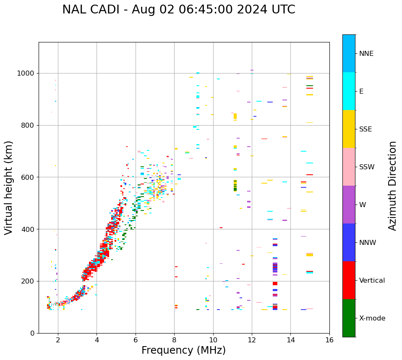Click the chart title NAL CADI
pos(178,10)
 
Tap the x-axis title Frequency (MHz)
pos(183,350)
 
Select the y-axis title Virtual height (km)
pos(9,187)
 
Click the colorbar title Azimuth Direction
pos(392,186)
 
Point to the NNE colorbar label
pos(366,54)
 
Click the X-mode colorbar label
pos(372,318)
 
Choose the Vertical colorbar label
pos(372,281)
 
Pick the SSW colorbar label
pos(367,167)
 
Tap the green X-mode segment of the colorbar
pos(349,318)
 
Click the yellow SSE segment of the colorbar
pos(349,129)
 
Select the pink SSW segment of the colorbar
pos(349,167)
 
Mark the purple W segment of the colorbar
pos(349,205)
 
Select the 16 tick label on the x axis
pos(329,340)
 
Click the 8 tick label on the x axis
pos(174,340)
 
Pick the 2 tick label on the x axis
pos(58,340)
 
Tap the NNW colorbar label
pos(368,243)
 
